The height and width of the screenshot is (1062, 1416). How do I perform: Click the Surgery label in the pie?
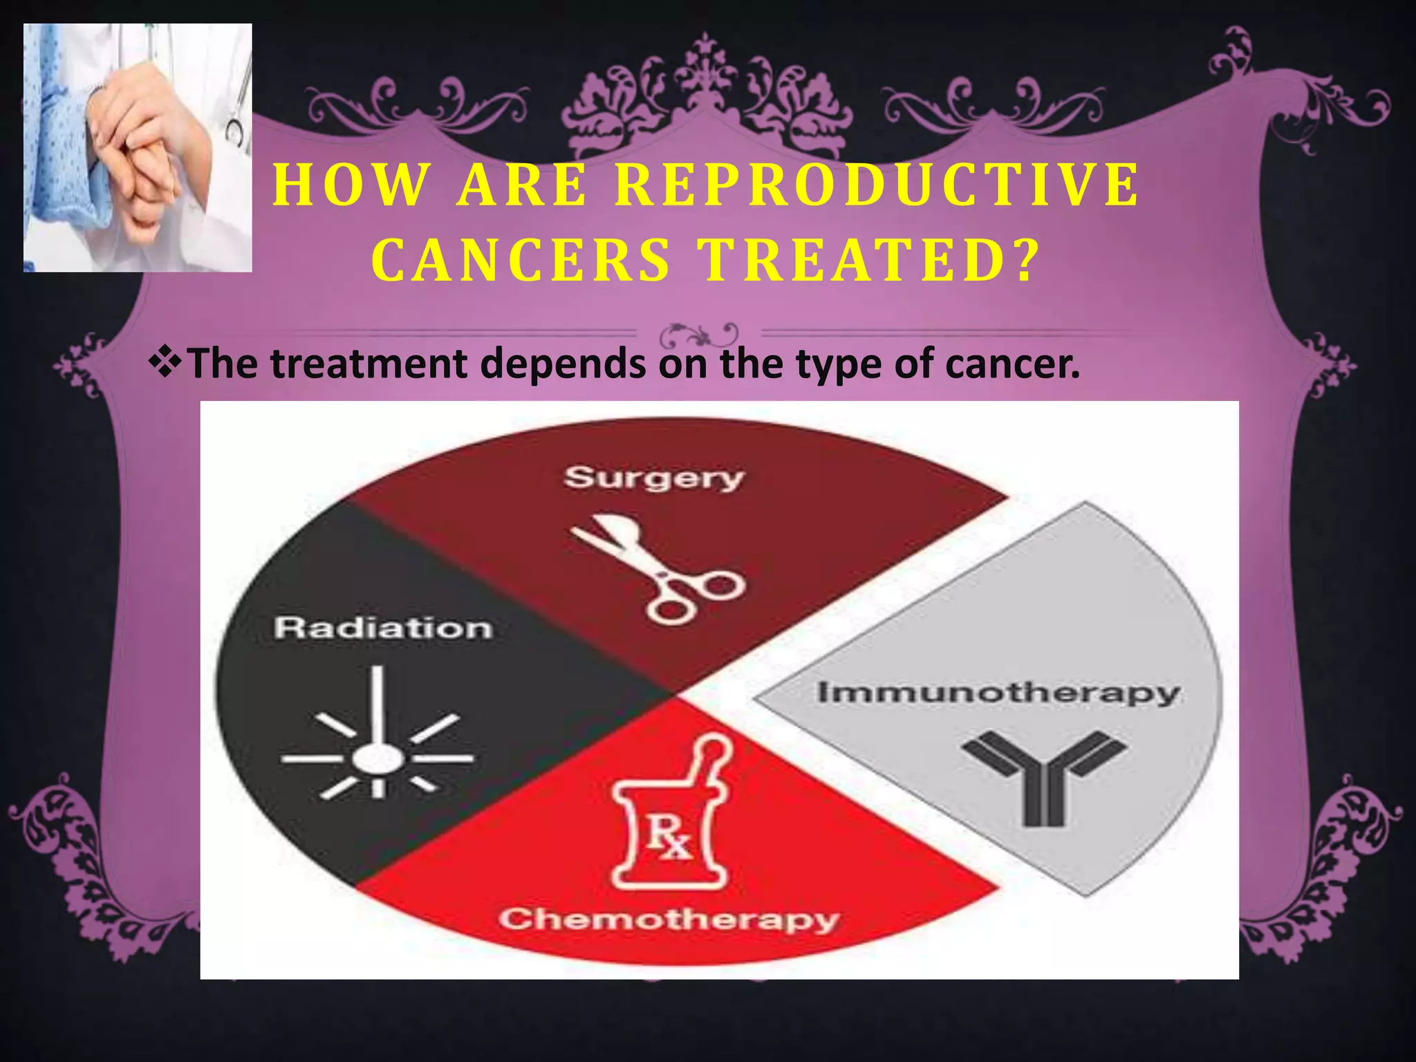coord(653,478)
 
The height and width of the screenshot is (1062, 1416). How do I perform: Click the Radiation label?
coord(383,628)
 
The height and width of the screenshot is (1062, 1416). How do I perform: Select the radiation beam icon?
coord(378,740)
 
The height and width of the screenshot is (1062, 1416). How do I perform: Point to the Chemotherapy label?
coord(669,920)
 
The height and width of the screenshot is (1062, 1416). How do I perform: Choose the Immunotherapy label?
coord(998,692)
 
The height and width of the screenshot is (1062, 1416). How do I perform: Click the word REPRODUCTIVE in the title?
coord(877,185)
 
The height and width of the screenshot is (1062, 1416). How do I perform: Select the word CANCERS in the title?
coord(523,261)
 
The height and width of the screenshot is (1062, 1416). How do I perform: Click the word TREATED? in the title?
coord(870,261)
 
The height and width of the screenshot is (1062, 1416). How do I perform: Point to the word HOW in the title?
coord(351,185)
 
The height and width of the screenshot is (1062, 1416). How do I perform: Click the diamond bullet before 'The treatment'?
coord(165,361)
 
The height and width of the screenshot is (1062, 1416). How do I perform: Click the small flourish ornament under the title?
coord(698,336)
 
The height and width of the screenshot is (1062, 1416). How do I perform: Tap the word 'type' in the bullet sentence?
coord(839,364)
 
